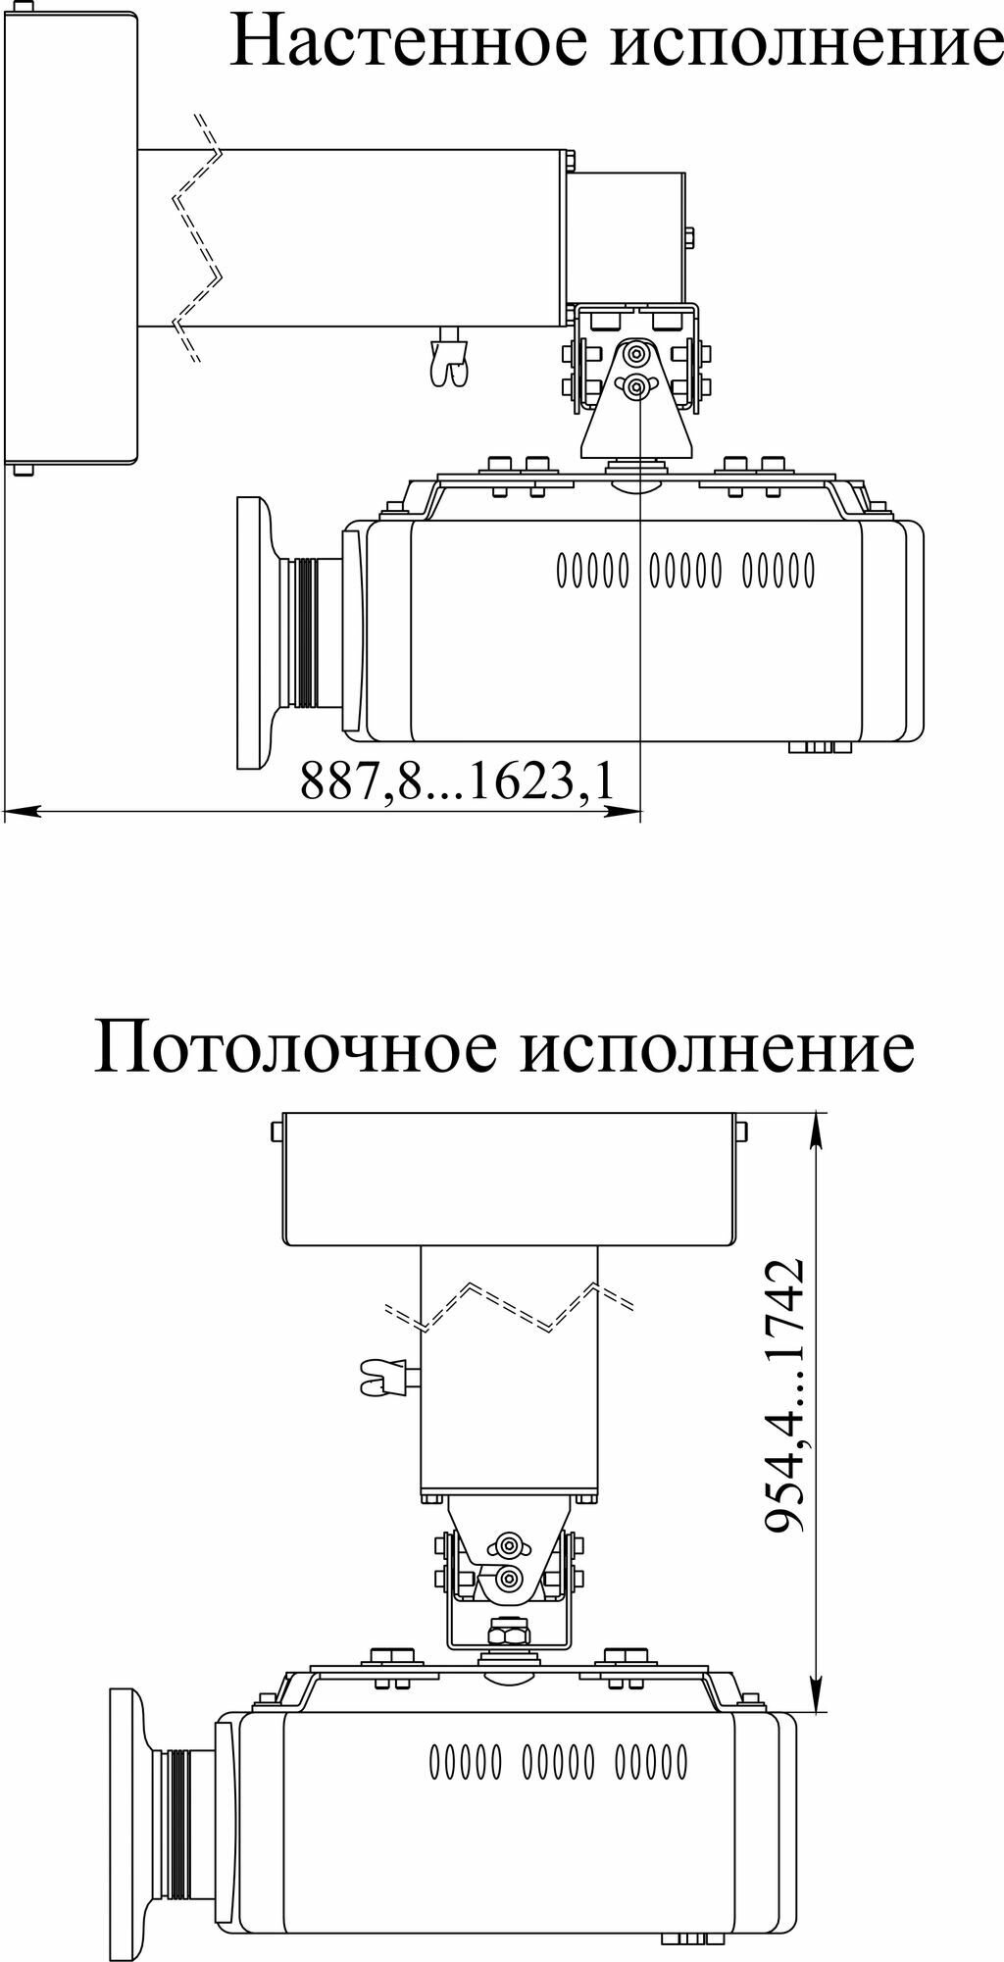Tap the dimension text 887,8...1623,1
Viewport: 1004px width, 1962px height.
pos(458,781)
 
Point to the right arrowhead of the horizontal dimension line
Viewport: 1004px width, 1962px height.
pos(623,811)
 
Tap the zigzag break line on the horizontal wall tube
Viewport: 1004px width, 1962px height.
pos(199,238)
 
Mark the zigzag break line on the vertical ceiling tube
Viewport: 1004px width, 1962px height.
pos(511,1306)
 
